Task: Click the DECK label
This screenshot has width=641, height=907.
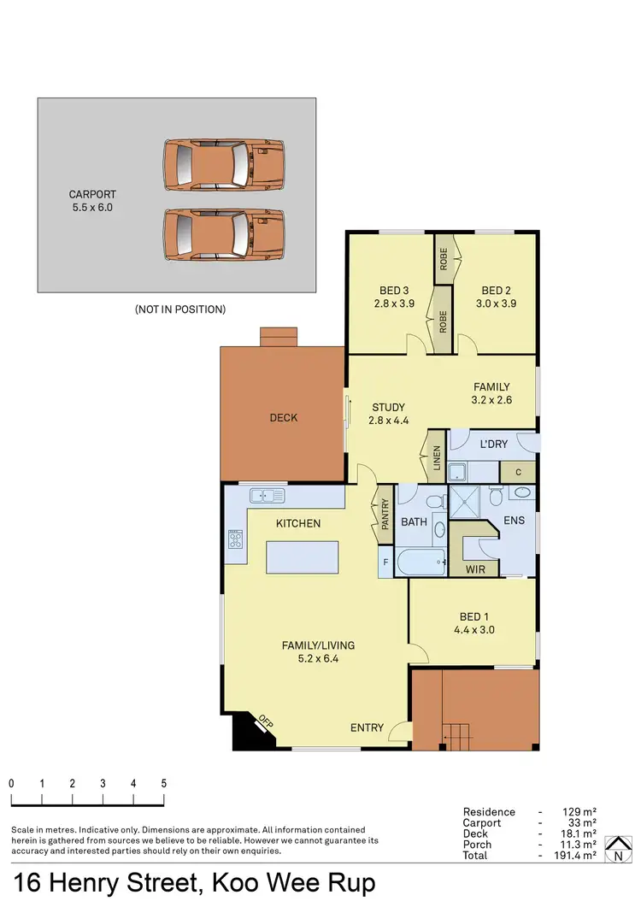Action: [284, 417]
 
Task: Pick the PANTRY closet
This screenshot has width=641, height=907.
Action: [385, 515]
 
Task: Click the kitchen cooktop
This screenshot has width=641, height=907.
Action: [235, 540]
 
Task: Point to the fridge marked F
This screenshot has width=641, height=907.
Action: [385, 562]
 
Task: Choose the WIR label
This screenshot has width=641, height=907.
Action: [475, 567]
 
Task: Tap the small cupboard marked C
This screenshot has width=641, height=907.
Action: [518, 472]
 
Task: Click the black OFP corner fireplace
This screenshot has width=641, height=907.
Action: [250, 728]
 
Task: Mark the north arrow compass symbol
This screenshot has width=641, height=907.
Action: [615, 850]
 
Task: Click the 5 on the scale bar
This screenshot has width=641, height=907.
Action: [163, 783]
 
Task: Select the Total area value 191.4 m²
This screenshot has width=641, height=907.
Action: [579, 856]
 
